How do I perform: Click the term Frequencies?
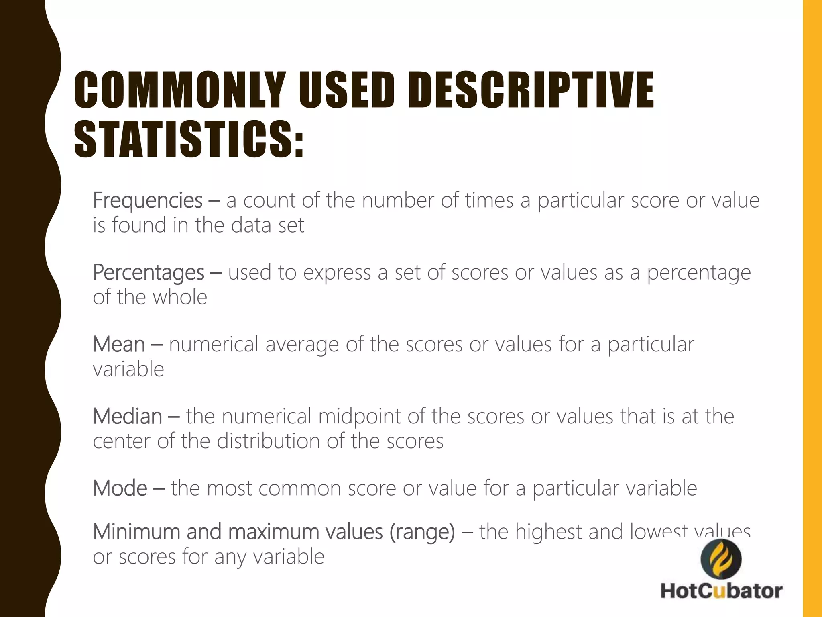click(x=148, y=200)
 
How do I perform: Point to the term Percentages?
click(x=149, y=273)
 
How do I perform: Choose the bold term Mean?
click(x=119, y=345)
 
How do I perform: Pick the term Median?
click(x=128, y=417)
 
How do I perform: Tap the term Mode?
click(x=120, y=488)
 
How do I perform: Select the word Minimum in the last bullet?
click(x=136, y=532)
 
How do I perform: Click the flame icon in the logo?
click(x=721, y=559)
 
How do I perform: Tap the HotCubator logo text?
click(x=721, y=591)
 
